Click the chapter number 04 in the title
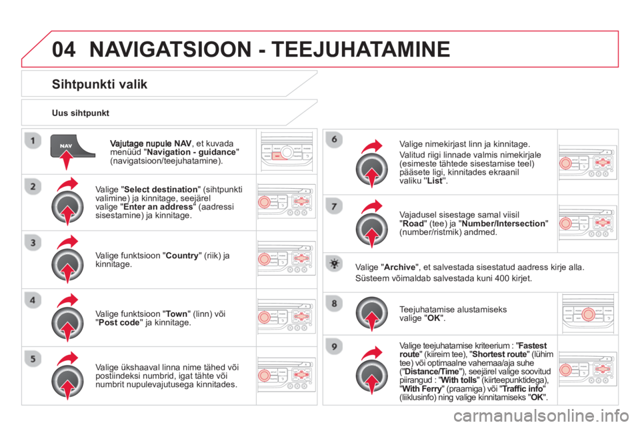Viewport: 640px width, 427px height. coord(64,49)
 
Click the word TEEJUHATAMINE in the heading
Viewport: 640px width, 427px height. coord(361,49)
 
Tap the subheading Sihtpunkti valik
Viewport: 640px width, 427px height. coord(99,85)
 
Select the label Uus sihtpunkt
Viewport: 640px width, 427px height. coord(81,113)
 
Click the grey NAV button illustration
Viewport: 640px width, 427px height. coord(72,146)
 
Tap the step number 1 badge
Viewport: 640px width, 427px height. coord(33,141)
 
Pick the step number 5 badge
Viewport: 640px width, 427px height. coord(33,359)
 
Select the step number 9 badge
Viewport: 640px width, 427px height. coord(334,347)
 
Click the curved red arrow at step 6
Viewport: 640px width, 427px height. coord(372,146)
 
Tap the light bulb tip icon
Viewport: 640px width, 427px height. coord(334,264)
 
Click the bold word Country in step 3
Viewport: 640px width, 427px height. coord(181,256)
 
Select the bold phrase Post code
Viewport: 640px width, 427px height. coord(119,322)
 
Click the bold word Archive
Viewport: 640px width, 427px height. coord(399,268)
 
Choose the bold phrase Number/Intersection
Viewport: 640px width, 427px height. coord(503,224)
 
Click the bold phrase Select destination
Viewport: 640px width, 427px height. coord(161,189)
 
